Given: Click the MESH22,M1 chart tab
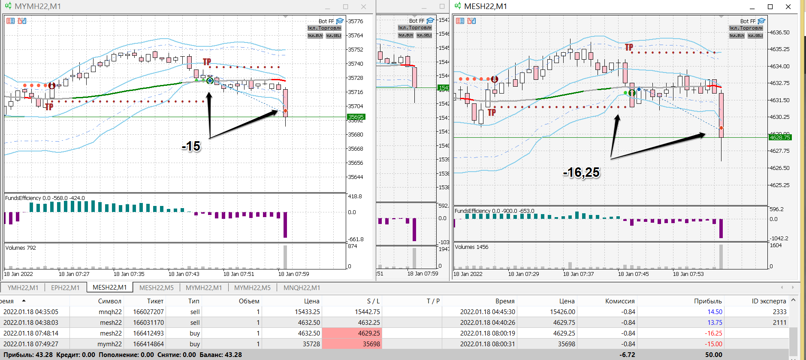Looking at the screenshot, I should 110,287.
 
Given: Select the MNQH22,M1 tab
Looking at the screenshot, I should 302,287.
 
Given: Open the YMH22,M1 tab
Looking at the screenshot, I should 23,287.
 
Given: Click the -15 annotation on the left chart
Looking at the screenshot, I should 191,147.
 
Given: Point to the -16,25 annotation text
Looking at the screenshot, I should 581,172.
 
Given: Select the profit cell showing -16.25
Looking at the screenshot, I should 713,333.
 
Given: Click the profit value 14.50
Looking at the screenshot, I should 715,312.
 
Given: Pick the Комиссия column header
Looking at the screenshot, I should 620,301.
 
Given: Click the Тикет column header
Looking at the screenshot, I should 155,301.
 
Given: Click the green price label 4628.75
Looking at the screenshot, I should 780,137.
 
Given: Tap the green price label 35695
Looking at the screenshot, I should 356,117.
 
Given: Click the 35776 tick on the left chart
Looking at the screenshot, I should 355,21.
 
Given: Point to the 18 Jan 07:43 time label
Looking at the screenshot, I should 184,274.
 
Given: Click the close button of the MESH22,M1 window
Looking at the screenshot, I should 788,6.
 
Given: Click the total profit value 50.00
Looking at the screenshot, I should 713,355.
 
